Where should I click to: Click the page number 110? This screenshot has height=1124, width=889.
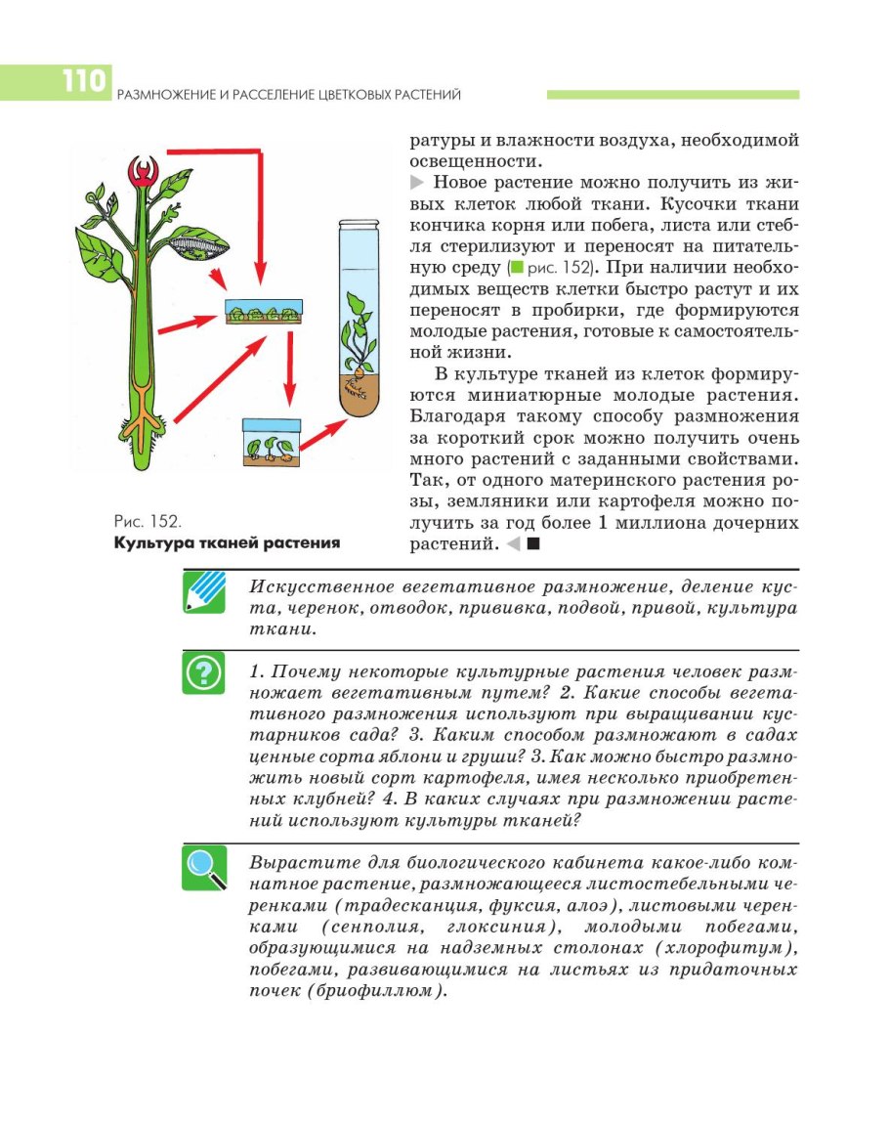(x=83, y=81)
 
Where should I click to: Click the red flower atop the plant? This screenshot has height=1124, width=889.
(x=145, y=172)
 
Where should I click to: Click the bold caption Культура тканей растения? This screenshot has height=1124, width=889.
(x=227, y=543)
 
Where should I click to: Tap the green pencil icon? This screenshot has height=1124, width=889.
(x=203, y=593)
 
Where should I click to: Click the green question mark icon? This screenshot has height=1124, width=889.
(x=203, y=674)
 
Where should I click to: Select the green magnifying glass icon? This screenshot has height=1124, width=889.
(x=203, y=868)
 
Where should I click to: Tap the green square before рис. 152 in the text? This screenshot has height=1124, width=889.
(x=515, y=267)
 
